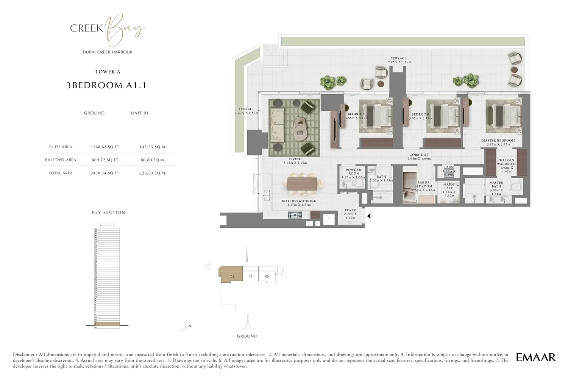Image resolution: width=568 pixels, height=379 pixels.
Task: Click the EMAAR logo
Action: (536, 357)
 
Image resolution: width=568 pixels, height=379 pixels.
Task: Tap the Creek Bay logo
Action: (107, 29)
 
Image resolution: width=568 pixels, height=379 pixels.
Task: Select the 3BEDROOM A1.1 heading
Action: (106, 86)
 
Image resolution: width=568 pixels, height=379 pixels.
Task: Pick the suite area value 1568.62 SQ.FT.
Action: (105, 147)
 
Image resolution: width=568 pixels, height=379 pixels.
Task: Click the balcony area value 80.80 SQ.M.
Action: (153, 160)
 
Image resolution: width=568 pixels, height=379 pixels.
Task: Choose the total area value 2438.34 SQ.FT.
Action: (105, 173)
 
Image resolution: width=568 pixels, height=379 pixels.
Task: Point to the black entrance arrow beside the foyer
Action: (369, 216)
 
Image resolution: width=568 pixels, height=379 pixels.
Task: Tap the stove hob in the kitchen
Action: (295, 215)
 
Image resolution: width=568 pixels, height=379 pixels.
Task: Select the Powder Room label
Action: (353, 172)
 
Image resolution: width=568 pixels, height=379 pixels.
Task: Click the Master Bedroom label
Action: (498, 141)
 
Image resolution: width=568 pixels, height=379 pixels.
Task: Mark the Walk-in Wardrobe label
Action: (506, 164)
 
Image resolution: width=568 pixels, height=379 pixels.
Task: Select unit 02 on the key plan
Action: (250, 276)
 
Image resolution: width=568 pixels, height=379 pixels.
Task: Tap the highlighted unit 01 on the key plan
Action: (231, 276)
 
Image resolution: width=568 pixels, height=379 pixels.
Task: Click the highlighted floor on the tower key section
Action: (106, 324)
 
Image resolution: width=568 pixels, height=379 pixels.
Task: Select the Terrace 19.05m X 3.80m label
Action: (398, 60)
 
